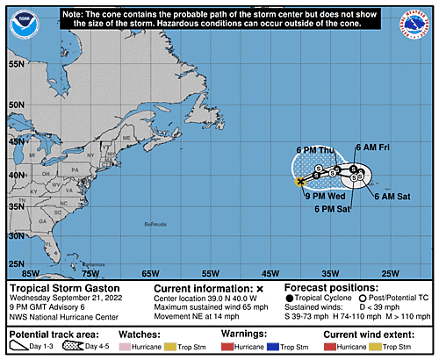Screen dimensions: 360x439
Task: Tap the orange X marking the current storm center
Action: coord(300,182)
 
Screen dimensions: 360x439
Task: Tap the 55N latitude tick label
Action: coord(15,65)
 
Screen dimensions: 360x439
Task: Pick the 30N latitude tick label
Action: coord(15,236)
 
